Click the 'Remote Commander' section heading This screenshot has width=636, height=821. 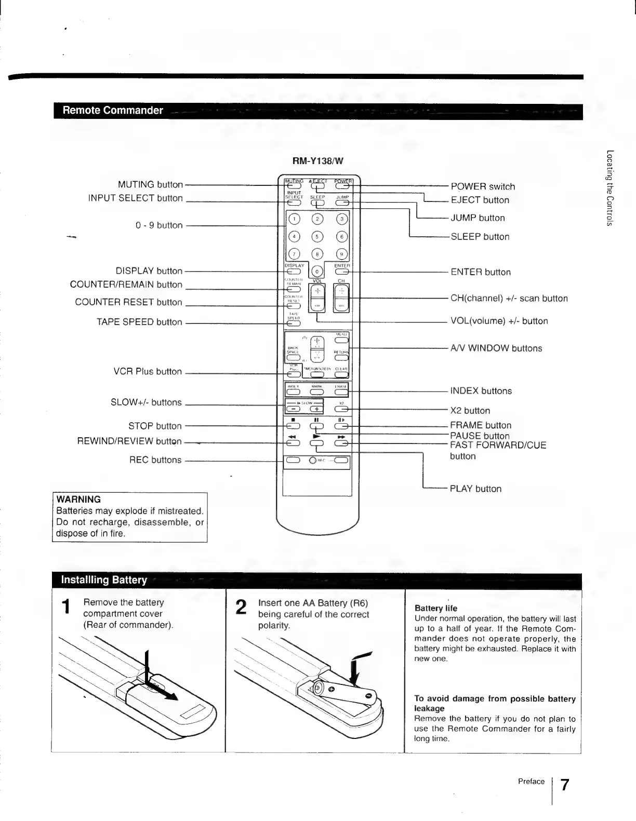click(113, 111)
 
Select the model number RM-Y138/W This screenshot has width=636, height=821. click(317, 161)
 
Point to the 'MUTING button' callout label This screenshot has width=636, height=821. click(150, 184)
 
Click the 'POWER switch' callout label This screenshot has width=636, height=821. click(483, 186)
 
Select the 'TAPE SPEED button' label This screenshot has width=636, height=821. click(139, 322)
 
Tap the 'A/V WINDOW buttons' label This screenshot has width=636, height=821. click(496, 348)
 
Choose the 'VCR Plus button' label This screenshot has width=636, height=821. click(148, 372)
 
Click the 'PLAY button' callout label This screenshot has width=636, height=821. click(475, 489)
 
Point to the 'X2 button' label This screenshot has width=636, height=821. click(470, 411)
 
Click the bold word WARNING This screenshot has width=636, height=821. click(78, 500)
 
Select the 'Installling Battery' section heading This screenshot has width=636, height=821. click(104, 580)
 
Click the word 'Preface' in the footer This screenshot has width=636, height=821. click(531, 782)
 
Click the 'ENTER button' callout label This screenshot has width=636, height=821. click(481, 272)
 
